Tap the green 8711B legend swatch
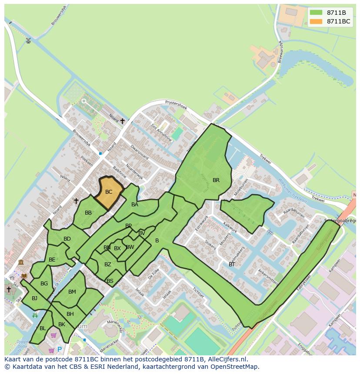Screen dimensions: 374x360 (316, 13)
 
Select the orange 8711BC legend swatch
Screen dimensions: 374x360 (316, 21)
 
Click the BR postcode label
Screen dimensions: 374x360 (216, 180)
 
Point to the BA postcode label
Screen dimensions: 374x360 (135, 205)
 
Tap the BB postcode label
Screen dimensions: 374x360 (88, 213)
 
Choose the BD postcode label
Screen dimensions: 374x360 (67, 239)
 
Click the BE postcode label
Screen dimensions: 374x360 (52, 260)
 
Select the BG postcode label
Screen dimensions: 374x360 (44, 284)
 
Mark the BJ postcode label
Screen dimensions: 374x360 (34, 298)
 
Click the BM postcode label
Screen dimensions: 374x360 (72, 292)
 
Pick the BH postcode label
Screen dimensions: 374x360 (70, 314)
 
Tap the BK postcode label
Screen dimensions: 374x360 (61, 324)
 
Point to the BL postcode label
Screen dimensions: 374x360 (43, 328)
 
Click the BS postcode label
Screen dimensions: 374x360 (110, 281)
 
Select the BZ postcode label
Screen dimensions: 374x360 (108, 265)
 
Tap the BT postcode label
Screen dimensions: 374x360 (232, 264)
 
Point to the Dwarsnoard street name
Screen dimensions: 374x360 (140, 153)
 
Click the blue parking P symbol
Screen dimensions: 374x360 (60, 349)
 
